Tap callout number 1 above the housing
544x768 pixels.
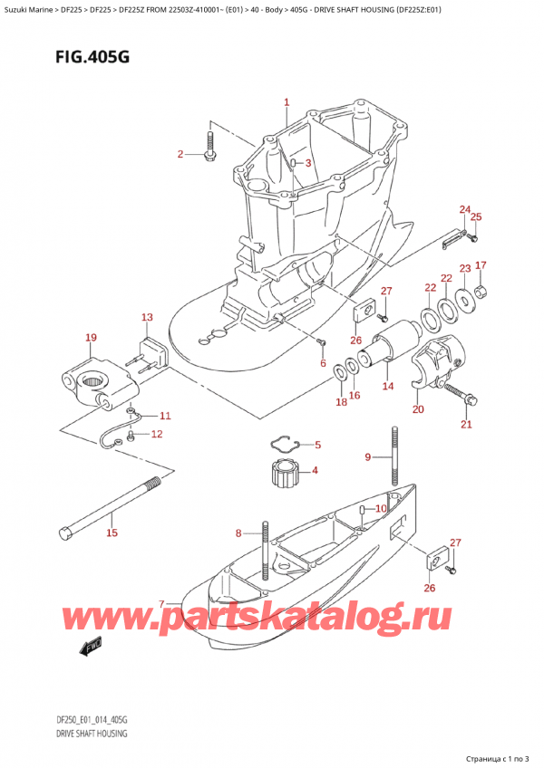click(287, 103)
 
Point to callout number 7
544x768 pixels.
click(161, 604)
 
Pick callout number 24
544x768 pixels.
click(464, 210)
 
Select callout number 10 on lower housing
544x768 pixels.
click(381, 510)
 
